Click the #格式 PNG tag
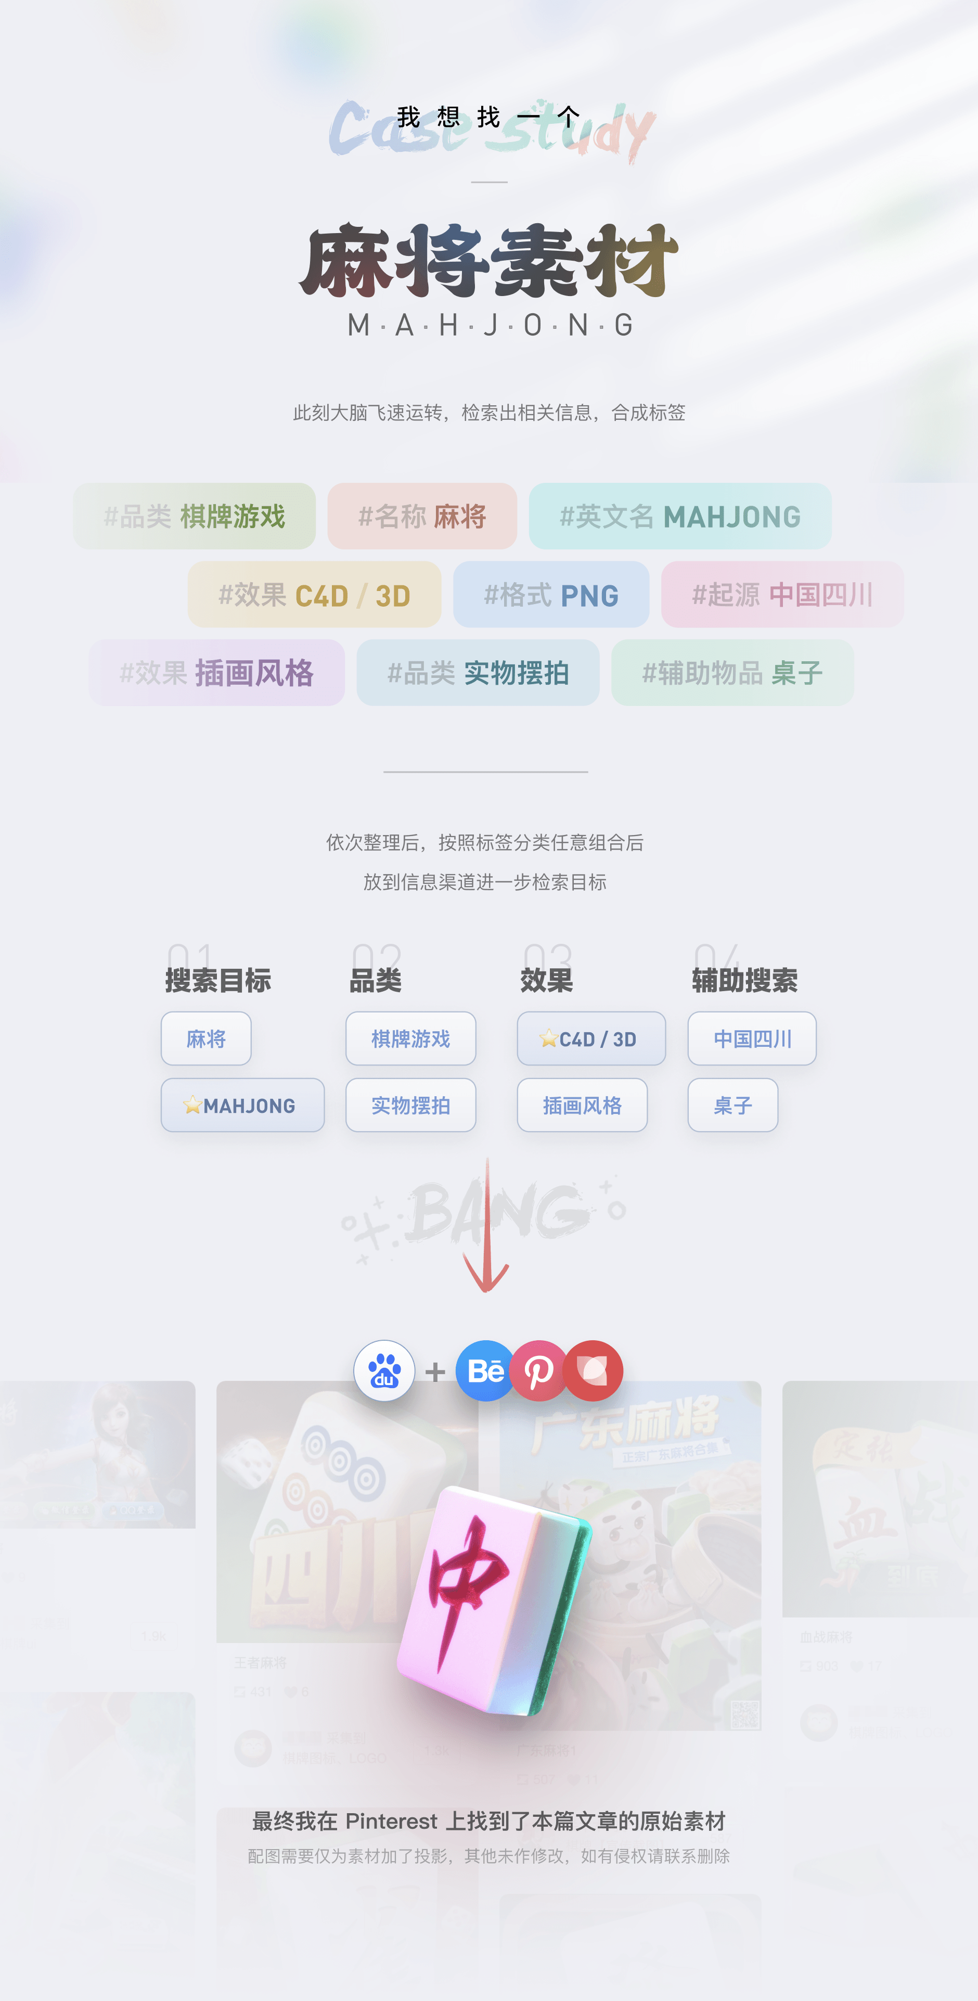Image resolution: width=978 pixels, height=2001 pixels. coord(551,595)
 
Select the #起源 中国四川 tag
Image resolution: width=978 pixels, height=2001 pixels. coord(782,595)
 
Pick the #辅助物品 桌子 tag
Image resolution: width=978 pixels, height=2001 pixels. coord(732,673)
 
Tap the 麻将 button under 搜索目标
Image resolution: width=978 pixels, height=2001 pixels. coord(206,1038)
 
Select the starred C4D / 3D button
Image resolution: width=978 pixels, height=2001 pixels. coord(591,1038)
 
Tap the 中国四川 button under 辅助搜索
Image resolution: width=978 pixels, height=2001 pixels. coord(752,1038)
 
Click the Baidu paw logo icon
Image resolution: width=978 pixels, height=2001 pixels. coord(384,1370)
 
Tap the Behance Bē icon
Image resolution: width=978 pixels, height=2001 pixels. coord(485,1370)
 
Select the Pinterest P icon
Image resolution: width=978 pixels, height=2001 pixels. coord(538,1370)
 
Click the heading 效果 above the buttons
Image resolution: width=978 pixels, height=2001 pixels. coord(546,980)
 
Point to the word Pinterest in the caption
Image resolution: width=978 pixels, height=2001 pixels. coord(391,1821)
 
